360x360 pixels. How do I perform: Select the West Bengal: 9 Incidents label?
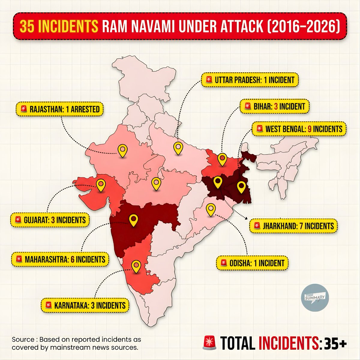click(x=299, y=129)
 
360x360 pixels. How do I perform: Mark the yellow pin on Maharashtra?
click(x=133, y=220)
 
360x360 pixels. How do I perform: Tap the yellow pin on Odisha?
click(x=211, y=209)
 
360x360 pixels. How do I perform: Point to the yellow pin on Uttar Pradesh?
click(x=178, y=148)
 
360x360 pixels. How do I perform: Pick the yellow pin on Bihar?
click(x=222, y=159)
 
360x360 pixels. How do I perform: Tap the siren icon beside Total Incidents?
click(x=210, y=342)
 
